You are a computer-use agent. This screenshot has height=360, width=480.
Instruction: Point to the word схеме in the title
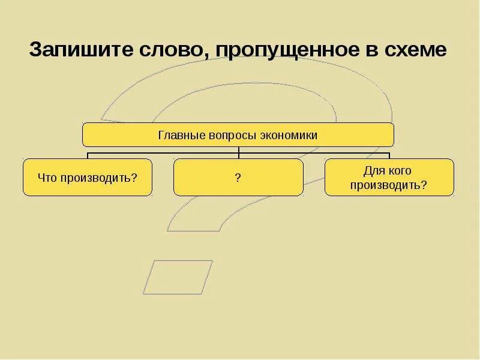(x=416, y=50)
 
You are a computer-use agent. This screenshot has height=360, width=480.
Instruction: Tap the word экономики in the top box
(x=289, y=136)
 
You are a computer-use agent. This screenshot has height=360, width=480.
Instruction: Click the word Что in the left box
(x=46, y=178)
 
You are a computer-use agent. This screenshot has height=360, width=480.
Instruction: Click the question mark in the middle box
(x=238, y=178)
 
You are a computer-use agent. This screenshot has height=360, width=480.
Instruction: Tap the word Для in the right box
(x=373, y=171)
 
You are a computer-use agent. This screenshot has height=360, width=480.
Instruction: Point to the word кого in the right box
(x=399, y=171)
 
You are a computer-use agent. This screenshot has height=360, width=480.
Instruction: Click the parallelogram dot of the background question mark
(x=178, y=277)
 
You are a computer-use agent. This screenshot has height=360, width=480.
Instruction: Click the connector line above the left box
(x=88, y=156)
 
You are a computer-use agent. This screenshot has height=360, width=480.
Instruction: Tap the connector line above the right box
(x=389, y=156)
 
